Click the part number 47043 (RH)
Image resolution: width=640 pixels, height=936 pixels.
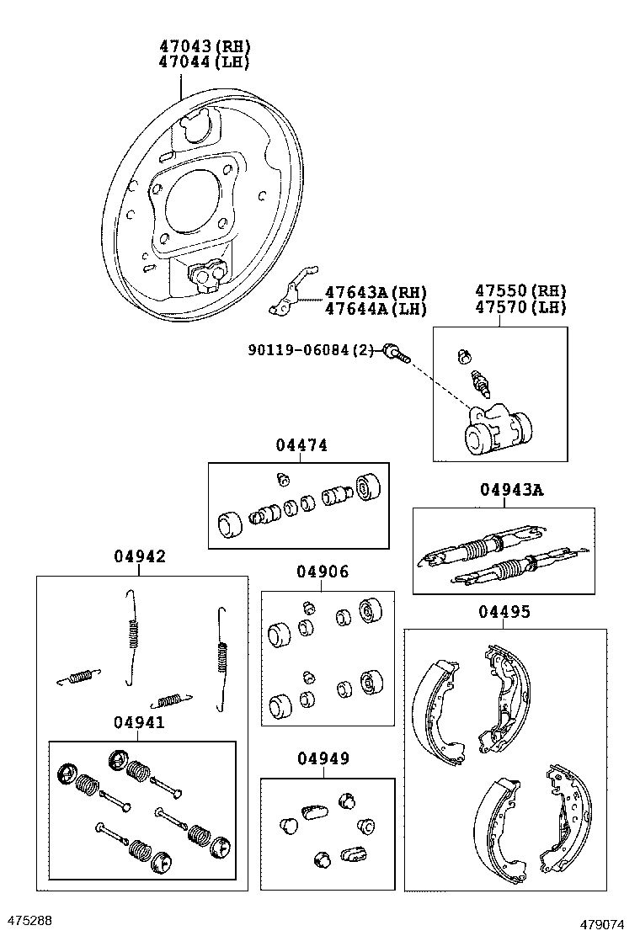pyautogui.click(x=205, y=45)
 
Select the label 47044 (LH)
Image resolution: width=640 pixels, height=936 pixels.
pyautogui.click(x=205, y=61)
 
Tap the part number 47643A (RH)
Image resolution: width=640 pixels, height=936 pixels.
pyautogui.click(x=376, y=292)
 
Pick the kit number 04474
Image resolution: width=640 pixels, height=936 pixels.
pyautogui.click(x=301, y=445)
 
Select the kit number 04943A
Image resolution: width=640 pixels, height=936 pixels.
pyautogui.click(x=511, y=490)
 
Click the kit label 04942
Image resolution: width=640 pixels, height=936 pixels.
pyautogui.click(x=139, y=556)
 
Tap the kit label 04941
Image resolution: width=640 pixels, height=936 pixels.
pyautogui.click(x=139, y=722)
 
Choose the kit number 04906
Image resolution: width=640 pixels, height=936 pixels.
pyautogui.click(x=322, y=572)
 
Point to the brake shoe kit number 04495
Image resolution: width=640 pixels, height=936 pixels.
pyautogui.click(x=505, y=611)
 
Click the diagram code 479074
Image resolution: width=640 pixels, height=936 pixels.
pyautogui.click(x=605, y=923)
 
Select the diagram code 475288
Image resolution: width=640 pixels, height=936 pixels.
pyautogui.click(x=29, y=920)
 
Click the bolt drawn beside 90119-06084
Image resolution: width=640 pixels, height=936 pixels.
pyautogui.click(x=395, y=353)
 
